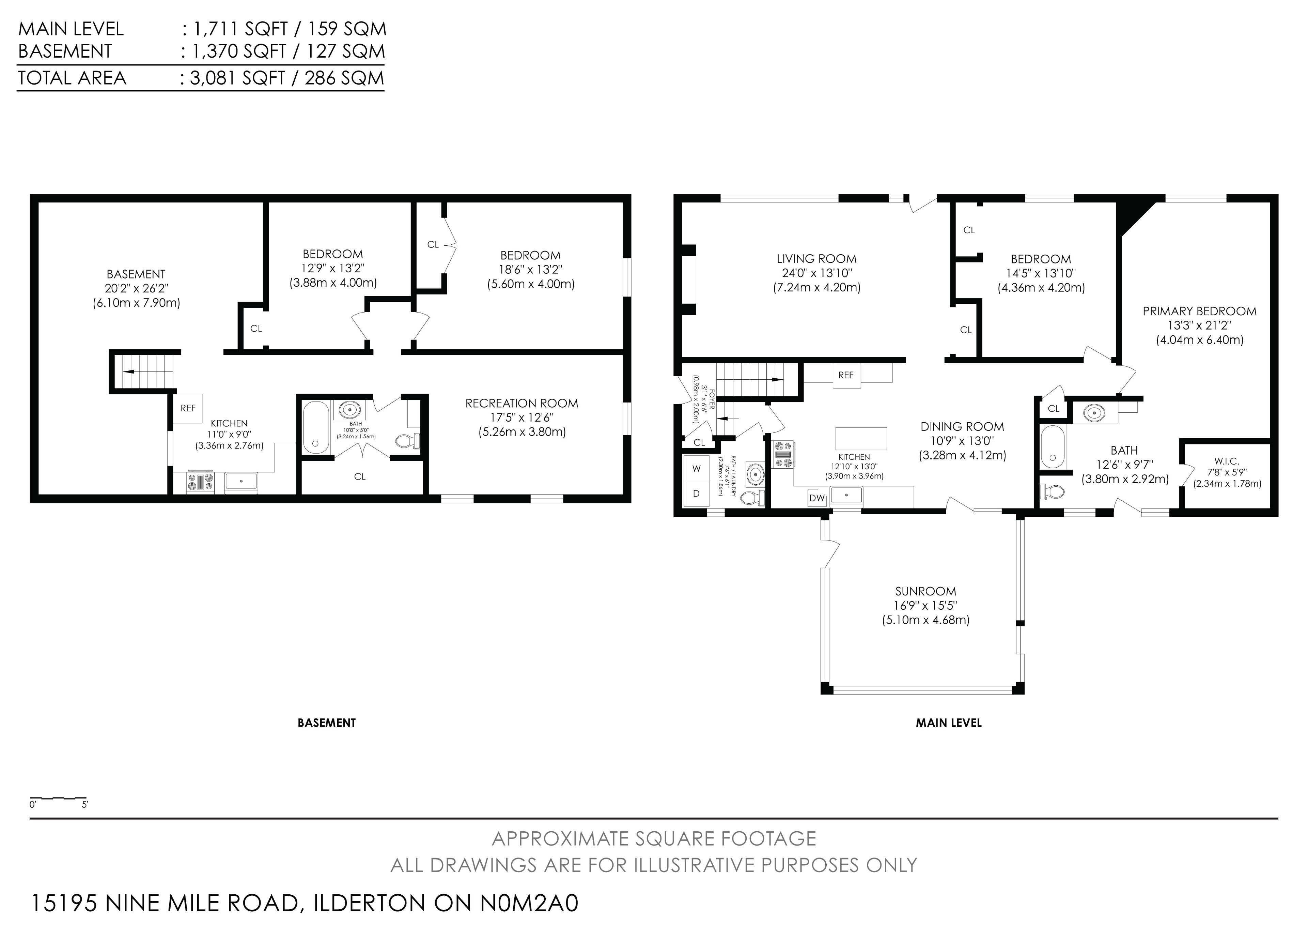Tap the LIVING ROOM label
816,259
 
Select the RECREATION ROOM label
522,404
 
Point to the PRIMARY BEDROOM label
1199,311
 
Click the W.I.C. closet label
1227,461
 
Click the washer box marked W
696,469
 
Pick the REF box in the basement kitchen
188,408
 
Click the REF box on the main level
846,375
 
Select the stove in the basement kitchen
201,482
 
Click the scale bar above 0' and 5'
58,798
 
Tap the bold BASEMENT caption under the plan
326,723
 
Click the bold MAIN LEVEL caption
949,723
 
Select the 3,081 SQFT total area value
237,77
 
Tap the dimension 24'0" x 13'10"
816,273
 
